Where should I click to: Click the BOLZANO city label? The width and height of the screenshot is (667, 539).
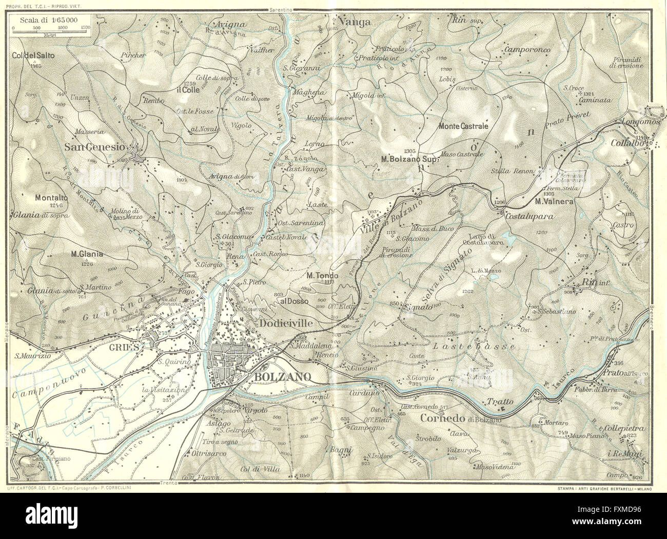281,377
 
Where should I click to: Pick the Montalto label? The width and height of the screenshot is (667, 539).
53,197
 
